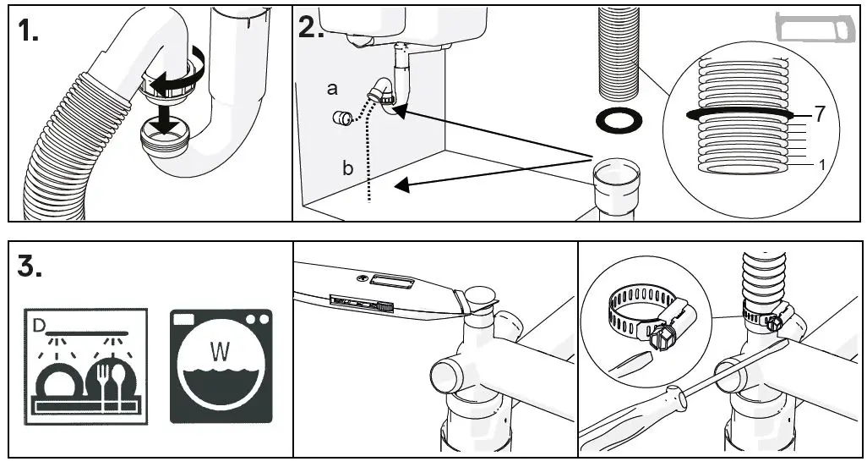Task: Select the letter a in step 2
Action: (331, 87)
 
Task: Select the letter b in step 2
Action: (347, 168)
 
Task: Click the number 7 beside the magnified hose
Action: (816, 113)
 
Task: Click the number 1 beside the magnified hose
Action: (821, 165)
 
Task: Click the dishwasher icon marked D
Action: (84, 365)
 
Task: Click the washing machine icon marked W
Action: (221, 365)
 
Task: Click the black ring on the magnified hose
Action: (739, 113)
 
